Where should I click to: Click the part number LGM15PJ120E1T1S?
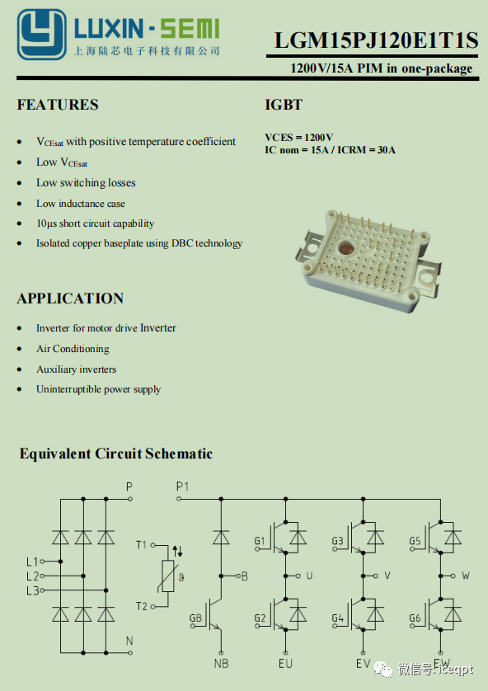[x=376, y=40]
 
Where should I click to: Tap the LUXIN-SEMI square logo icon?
[x=42, y=35]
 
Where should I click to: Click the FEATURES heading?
[x=58, y=105]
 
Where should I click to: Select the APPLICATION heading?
[x=70, y=298]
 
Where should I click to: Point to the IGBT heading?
[x=284, y=105]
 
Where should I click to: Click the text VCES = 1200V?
[x=298, y=138]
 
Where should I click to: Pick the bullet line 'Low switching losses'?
[x=86, y=183]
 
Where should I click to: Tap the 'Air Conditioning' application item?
[x=73, y=349]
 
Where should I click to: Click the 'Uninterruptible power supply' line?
[x=98, y=389]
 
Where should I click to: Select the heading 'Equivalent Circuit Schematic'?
[x=116, y=454]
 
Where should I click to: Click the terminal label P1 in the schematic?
[x=182, y=487]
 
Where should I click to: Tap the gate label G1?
[x=260, y=541]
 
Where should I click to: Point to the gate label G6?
[x=415, y=618]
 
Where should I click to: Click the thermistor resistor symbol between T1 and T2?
[x=168, y=576]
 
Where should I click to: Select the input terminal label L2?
[x=33, y=576]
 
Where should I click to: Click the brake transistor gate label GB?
[x=195, y=618]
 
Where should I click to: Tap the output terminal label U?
[x=309, y=576]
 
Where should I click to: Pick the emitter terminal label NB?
[x=221, y=663]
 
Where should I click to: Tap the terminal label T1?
[x=141, y=545]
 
